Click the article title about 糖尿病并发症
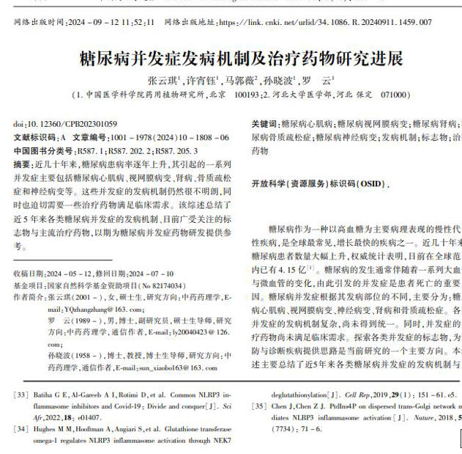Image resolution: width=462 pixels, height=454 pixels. pos(241,58)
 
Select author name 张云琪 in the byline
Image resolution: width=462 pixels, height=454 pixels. pos(163,80)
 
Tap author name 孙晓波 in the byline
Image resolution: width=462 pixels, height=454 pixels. pos(278,80)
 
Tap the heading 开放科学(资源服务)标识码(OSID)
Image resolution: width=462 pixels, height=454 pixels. pos(316,183)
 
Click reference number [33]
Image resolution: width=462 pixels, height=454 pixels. pos(21,395)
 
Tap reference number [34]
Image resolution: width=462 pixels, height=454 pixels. pos(21,428)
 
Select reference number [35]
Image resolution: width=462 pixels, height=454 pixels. pos(258,405)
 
